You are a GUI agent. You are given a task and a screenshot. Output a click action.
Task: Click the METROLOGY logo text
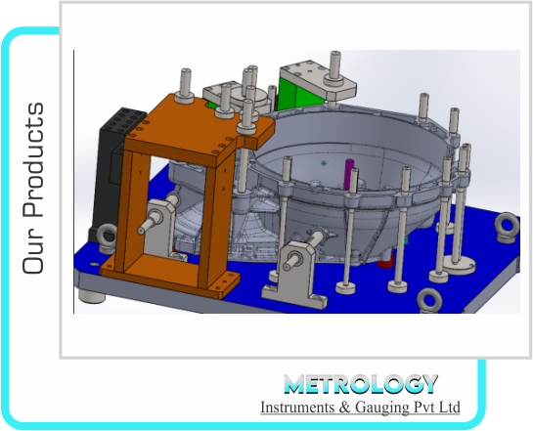pyautogui.click(x=360, y=384)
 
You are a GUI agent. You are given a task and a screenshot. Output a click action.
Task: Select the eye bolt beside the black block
pyautogui.click(x=101, y=235)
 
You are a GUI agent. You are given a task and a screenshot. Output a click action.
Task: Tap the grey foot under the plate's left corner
pyautogui.click(x=93, y=292)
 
